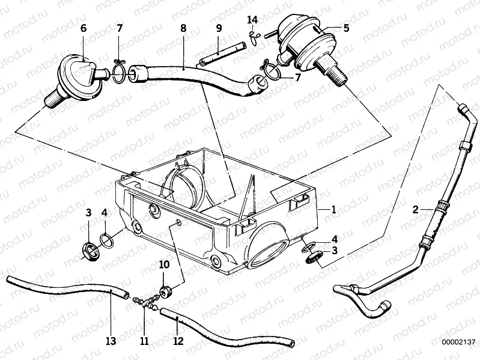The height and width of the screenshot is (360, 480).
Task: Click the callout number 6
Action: (83, 28)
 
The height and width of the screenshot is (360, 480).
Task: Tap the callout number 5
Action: (345, 28)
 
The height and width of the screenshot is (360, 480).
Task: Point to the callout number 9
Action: (219, 28)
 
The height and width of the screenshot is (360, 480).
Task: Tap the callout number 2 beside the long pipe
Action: (415, 209)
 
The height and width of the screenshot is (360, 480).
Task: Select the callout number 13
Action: (110, 341)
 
